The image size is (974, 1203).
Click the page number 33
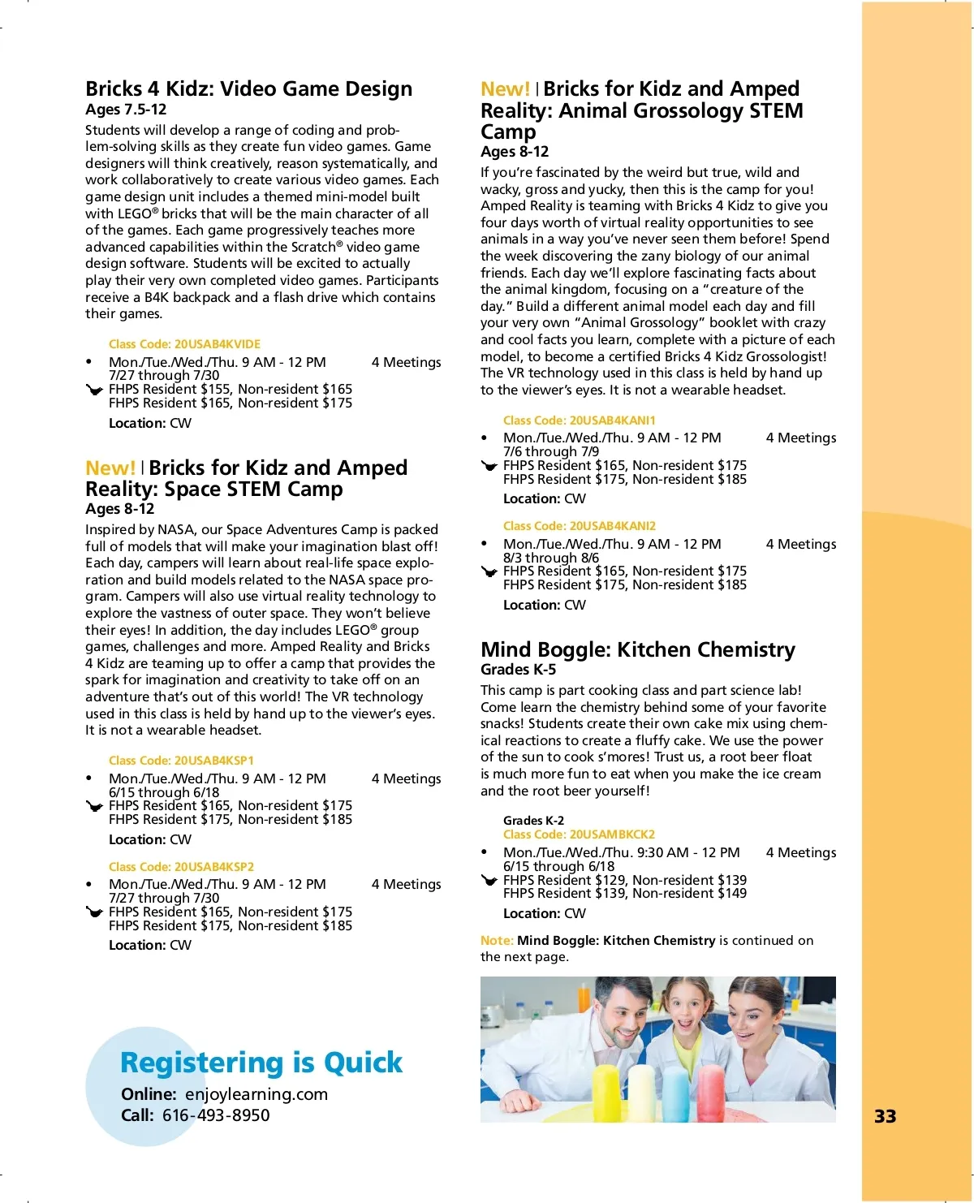(885, 1116)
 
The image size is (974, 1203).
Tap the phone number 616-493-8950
(216, 1115)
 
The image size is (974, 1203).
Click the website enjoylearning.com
(256, 1094)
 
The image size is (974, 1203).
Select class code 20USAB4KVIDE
(184, 344)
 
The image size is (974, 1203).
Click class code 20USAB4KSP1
(181, 761)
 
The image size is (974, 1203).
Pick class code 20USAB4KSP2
(181, 867)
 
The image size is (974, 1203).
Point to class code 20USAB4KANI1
(579, 420)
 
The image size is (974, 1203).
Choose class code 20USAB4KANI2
(579, 526)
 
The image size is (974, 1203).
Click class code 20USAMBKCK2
(579, 834)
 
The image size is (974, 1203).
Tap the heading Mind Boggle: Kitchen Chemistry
(637, 649)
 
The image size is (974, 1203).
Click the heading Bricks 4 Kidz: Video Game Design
(248, 88)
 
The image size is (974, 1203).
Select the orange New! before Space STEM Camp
(110, 468)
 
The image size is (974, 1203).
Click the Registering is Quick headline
(261, 1063)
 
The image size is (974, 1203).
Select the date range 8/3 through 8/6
(550, 558)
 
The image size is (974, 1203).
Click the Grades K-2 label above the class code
(533, 821)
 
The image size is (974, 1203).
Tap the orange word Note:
(497, 941)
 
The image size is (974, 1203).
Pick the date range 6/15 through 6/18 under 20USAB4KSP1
(163, 792)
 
